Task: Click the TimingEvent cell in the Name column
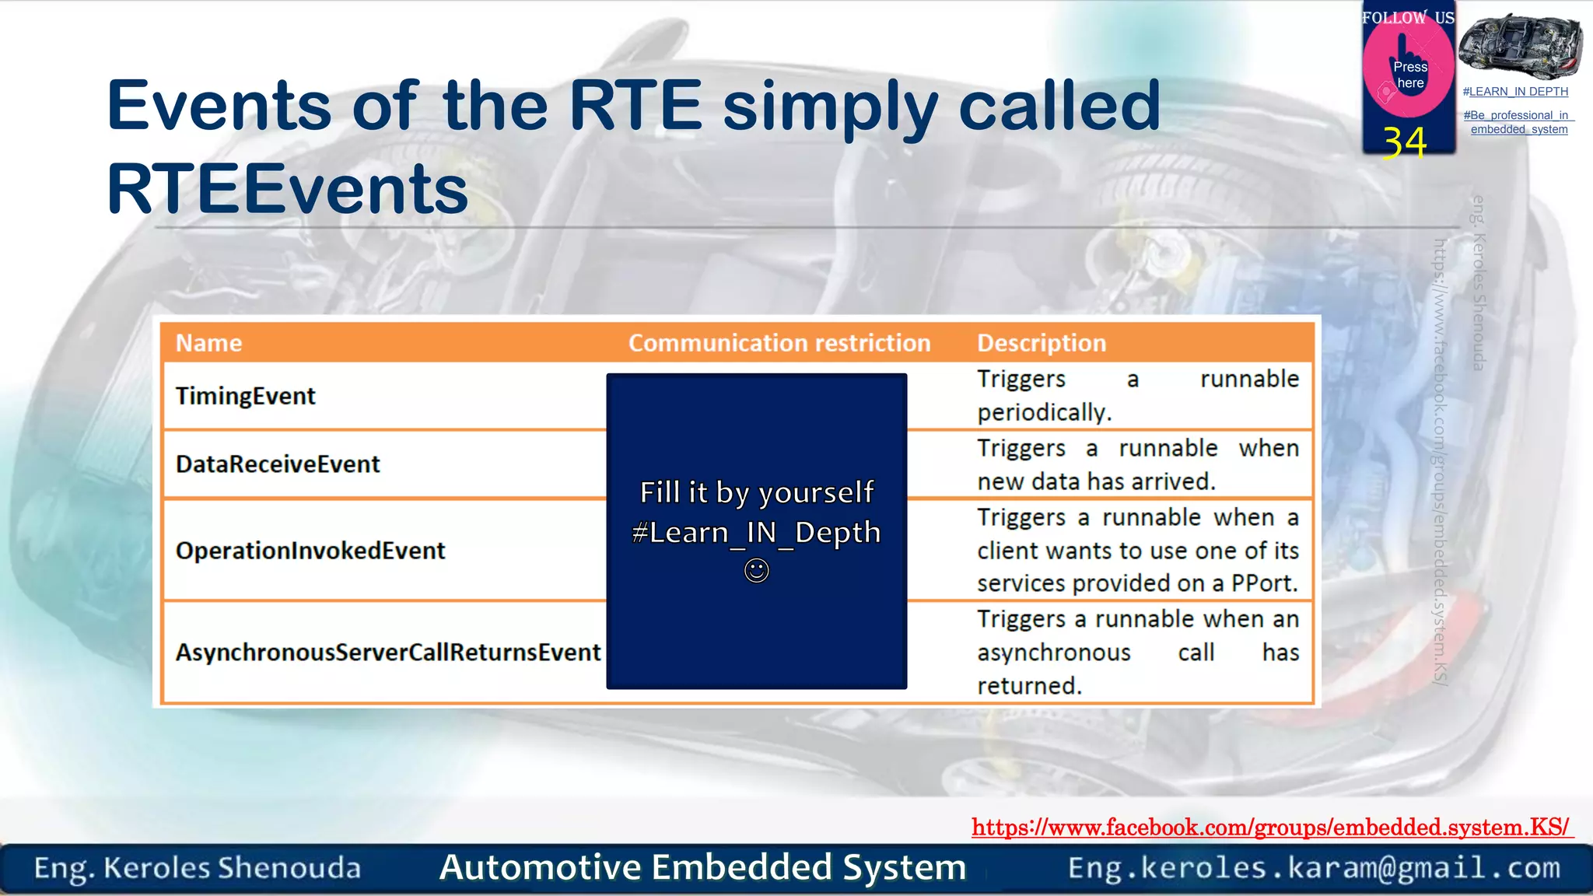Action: pyautogui.click(x=246, y=396)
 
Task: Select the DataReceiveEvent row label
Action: pyautogui.click(x=278, y=464)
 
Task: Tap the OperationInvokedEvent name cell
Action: pyautogui.click(x=310, y=551)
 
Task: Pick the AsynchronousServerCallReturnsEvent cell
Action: pyautogui.click(x=388, y=652)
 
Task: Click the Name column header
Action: pyautogui.click(x=208, y=343)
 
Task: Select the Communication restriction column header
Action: pyautogui.click(x=779, y=343)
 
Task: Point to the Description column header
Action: pyautogui.click(x=1042, y=343)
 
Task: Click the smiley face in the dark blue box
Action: pyautogui.click(x=757, y=571)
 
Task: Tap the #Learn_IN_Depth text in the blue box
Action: pyautogui.click(x=757, y=533)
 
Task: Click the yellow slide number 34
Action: pyautogui.click(x=1405, y=142)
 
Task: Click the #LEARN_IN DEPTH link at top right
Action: pyautogui.click(x=1515, y=92)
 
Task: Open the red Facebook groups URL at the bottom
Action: pyautogui.click(x=1271, y=827)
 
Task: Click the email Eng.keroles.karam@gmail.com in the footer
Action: pyautogui.click(x=1314, y=867)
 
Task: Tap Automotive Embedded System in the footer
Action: pyautogui.click(x=702, y=867)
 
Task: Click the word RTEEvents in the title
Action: pyautogui.click(x=288, y=189)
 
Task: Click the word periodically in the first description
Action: pyautogui.click(x=1044, y=412)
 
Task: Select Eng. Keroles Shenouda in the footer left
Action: pyautogui.click(x=198, y=868)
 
